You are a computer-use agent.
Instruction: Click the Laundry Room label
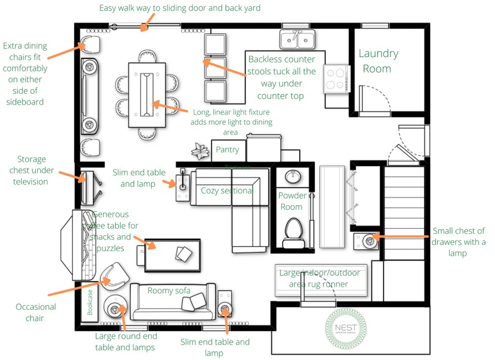pos(378,61)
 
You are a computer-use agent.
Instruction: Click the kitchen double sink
pos(297,38)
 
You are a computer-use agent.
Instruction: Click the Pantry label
pos(227,150)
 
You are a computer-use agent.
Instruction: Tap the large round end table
pos(116,308)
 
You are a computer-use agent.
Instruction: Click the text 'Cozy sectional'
pos(227,191)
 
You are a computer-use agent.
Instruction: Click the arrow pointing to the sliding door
pos(147,22)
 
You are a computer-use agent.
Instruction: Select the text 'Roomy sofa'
pos(169,290)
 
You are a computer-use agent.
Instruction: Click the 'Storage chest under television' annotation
pos(32,170)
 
